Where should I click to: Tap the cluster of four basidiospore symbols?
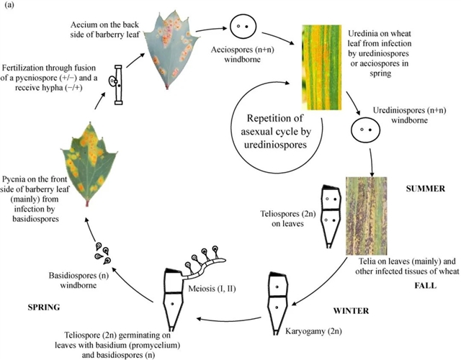[102, 253]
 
